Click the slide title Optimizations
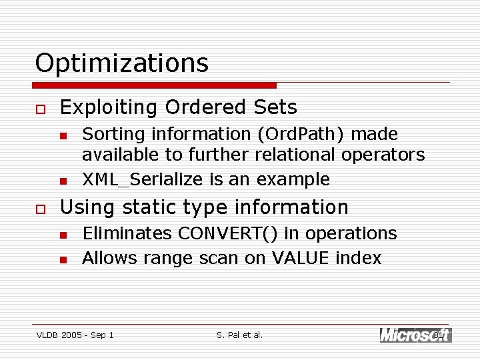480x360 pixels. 121,63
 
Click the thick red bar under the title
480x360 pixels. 155,85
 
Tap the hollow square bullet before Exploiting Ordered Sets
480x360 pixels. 41,109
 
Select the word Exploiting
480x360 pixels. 109,107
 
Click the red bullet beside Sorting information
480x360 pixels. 63,136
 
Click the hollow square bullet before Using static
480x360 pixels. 41,209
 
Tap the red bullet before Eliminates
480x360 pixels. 63,235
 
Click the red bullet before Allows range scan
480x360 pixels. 63,260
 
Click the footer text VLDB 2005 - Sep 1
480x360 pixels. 75,335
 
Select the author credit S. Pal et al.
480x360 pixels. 240,335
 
